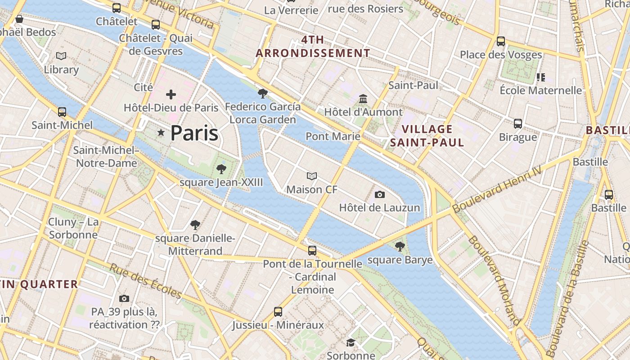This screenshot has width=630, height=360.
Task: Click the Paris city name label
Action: coord(194,133)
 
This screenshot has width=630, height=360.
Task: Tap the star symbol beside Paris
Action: coord(161,133)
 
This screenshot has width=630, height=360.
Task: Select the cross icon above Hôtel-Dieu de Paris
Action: coord(171,94)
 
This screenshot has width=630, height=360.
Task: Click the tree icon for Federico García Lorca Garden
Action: coord(263,94)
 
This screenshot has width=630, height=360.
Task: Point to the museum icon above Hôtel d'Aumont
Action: coord(363,99)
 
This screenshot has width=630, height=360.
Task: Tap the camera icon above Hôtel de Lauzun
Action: coord(380,194)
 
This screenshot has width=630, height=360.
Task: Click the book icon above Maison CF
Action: coord(312,176)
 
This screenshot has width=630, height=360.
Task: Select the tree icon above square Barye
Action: coord(400,246)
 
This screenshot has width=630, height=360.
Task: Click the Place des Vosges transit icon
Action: coord(501,41)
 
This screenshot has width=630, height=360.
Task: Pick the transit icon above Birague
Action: coord(518,123)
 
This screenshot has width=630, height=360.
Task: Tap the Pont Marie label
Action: coord(333,136)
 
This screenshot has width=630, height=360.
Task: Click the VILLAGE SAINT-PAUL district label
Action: coord(427,136)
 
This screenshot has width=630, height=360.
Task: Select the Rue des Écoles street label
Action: coord(146,281)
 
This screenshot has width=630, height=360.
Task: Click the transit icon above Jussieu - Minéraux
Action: coord(278,311)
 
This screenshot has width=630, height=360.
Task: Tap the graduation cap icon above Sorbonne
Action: coord(351,343)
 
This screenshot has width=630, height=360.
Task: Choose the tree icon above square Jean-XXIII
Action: coord(221,169)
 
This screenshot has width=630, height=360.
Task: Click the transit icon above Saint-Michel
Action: coord(62,112)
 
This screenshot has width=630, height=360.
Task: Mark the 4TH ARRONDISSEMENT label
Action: coord(313,46)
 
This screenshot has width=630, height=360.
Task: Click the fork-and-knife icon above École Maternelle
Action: coord(541,77)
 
